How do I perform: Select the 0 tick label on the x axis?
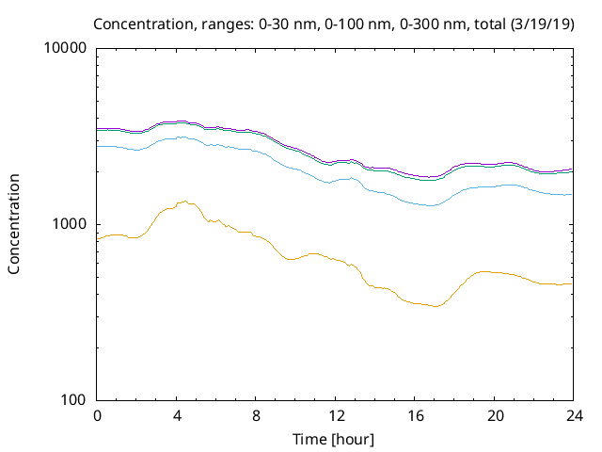coord(97,415)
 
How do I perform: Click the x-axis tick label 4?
coord(176,415)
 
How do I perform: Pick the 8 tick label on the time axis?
coord(256,415)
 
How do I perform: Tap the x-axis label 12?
coord(335,415)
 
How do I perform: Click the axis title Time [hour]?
coord(335,439)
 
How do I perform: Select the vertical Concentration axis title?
coord(14,224)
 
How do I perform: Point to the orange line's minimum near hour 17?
coord(435,306)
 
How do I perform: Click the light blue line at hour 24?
coord(572,194)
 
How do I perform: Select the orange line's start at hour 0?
coord(98,240)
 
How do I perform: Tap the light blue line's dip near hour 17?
coord(430,205)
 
